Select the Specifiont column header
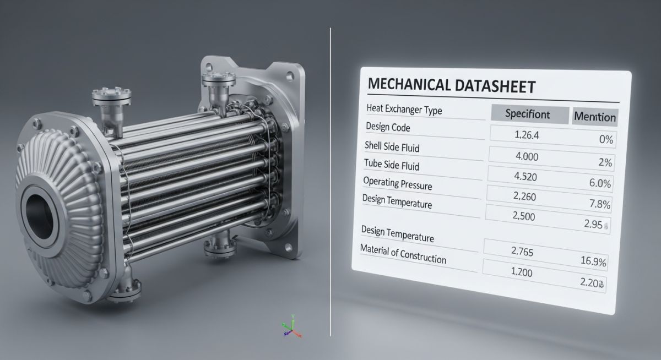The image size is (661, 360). point(527,114)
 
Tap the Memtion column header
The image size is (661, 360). point(594,117)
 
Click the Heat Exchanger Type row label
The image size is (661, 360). point(404,110)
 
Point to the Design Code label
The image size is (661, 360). point(388,127)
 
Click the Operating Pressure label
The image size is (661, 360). point(397,183)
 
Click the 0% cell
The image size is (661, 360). point(605,139)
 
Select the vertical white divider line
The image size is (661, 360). point(330,182)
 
